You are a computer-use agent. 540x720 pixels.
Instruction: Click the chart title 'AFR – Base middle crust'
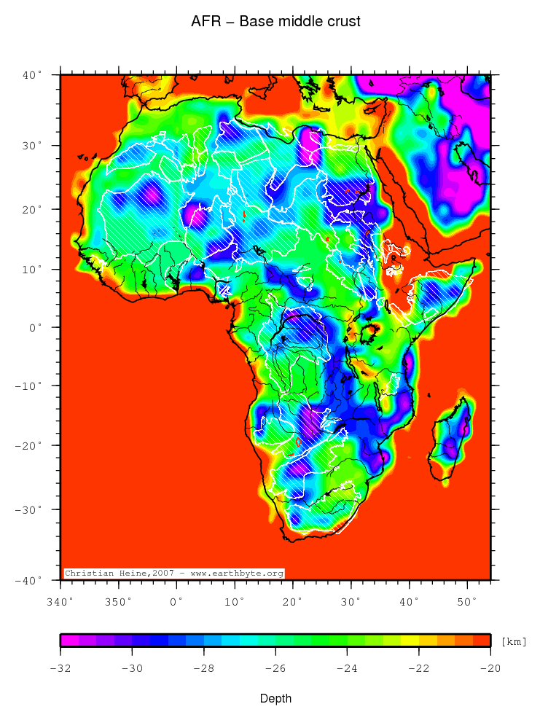point(275,22)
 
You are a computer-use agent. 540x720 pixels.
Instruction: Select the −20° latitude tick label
point(31,445)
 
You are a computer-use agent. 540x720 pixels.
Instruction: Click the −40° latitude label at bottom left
point(31,581)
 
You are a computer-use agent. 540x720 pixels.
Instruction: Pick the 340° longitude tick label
point(60,601)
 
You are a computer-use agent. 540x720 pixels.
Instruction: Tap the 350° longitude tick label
point(118,601)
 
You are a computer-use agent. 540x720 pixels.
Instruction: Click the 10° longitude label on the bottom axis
point(235,601)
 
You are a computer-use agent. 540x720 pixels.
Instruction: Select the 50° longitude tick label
point(467,601)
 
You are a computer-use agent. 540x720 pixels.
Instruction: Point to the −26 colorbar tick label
point(275,668)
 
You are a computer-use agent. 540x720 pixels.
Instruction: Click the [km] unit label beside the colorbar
point(513,642)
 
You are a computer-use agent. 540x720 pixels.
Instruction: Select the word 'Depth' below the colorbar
point(276,699)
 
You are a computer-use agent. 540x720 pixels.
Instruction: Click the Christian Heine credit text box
point(174,574)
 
